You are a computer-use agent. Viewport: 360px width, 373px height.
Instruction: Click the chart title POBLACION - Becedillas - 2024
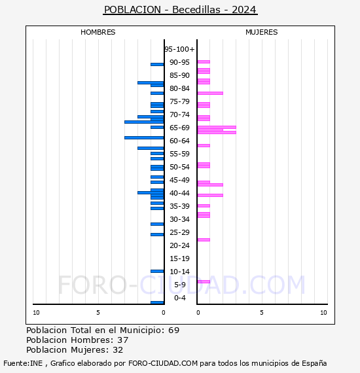pyautogui.click(x=180, y=10)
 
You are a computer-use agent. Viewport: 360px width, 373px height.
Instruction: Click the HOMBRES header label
pyautogui.click(x=98, y=32)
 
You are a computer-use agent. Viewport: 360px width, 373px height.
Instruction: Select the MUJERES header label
pyautogui.click(x=261, y=32)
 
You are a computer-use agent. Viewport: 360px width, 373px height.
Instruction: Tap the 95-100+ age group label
pyautogui.click(x=179, y=49)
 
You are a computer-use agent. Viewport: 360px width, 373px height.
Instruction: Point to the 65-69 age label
pyautogui.click(x=179, y=128)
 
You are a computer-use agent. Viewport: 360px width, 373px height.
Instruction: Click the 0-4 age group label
pyautogui.click(x=179, y=298)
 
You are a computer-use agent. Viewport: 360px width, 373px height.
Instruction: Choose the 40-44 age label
pyautogui.click(x=179, y=193)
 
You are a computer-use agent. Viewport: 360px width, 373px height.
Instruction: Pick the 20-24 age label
pyautogui.click(x=179, y=245)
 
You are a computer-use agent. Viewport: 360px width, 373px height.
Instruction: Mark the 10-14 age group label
pyautogui.click(x=179, y=272)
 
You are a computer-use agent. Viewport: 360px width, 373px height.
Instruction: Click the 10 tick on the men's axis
pyautogui.click(x=36, y=313)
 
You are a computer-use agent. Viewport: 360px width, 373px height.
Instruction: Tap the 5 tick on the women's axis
pyautogui.click(x=261, y=313)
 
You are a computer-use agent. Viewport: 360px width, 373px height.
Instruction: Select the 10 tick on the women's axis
pyautogui.click(x=323, y=313)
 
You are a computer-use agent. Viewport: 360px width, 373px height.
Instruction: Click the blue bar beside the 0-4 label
pyautogui.click(x=157, y=302)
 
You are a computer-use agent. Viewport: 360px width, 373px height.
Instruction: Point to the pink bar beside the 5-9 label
pyautogui.click(x=204, y=281)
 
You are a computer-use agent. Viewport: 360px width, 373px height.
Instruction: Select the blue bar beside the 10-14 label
pyautogui.click(x=157, y=271)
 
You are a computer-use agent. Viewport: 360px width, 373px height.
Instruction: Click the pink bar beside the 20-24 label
pyautogui.click(x=204, y=240)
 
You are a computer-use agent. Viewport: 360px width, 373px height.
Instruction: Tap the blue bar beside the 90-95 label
pyautogui.click(x=157, y=64)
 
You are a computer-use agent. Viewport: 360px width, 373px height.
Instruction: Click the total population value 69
pyautogui.click(x=173, y=330)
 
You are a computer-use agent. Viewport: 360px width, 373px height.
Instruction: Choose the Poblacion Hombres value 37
pyautogui.click(x=122, y=340)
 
